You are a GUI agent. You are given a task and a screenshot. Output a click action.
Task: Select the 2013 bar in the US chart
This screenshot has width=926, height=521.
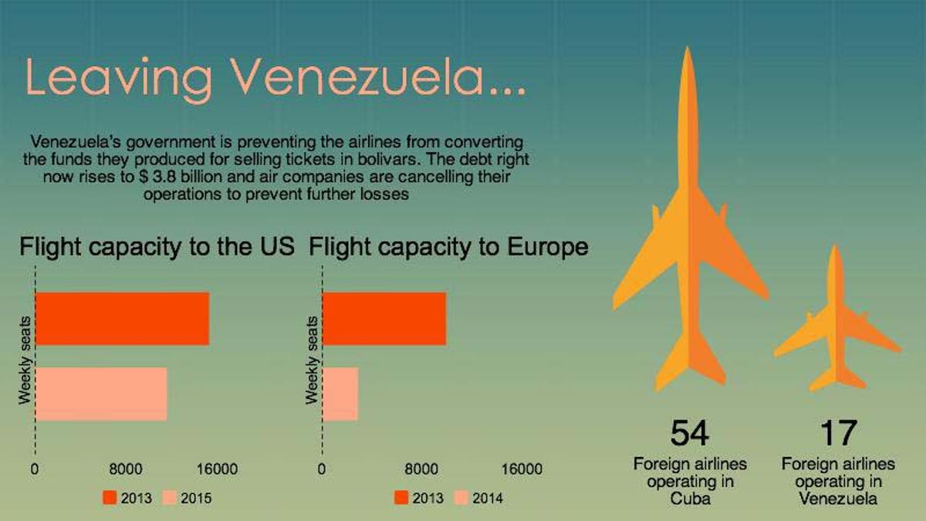(122, 318)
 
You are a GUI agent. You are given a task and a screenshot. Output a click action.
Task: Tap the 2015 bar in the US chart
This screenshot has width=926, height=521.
(101, 394)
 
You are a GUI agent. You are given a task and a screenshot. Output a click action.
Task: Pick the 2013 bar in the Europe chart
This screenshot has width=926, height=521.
(384, 318)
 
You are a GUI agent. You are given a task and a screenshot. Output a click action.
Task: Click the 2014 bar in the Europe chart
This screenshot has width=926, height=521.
(340, 394)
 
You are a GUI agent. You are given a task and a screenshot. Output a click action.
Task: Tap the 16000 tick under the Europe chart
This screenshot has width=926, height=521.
(521, 469)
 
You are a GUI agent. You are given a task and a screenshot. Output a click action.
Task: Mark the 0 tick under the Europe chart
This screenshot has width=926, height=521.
(322, 469)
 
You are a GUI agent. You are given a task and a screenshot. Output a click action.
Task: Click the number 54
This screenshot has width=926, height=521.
(690, 434)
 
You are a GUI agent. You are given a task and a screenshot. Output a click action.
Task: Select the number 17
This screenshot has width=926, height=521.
(838, 434)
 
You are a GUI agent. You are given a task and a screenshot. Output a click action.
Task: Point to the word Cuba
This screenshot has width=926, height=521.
(690, 499)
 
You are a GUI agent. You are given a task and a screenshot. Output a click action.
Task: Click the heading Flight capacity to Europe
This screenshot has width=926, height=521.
(448, 247)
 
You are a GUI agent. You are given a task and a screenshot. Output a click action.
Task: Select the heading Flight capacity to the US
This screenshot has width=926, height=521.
(157, 247)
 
